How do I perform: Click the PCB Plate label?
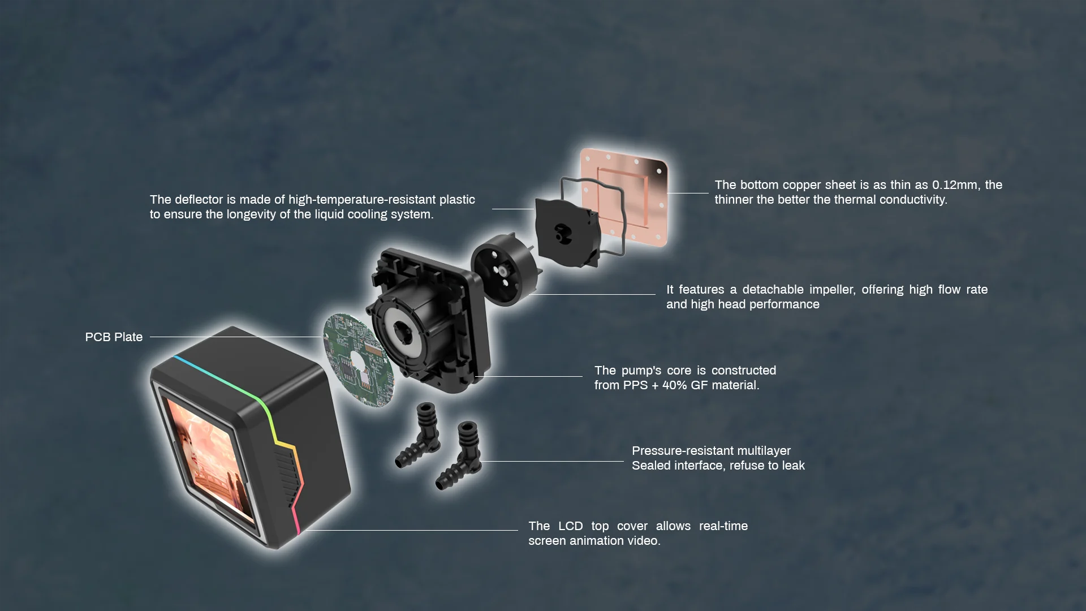click(x=114, y=337)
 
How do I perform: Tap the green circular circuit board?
click(x=358, y=360)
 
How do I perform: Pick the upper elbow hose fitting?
click(x=419, y=434)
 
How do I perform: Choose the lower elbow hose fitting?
click(x=459, y=455)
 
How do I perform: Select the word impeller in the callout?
click(x=831, y=290)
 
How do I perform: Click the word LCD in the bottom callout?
click(x=570, y=526)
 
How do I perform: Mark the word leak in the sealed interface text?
click(x=793, y=466)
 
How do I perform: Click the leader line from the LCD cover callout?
click(x=411, y=530)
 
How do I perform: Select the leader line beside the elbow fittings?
click(x=552, y=461)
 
